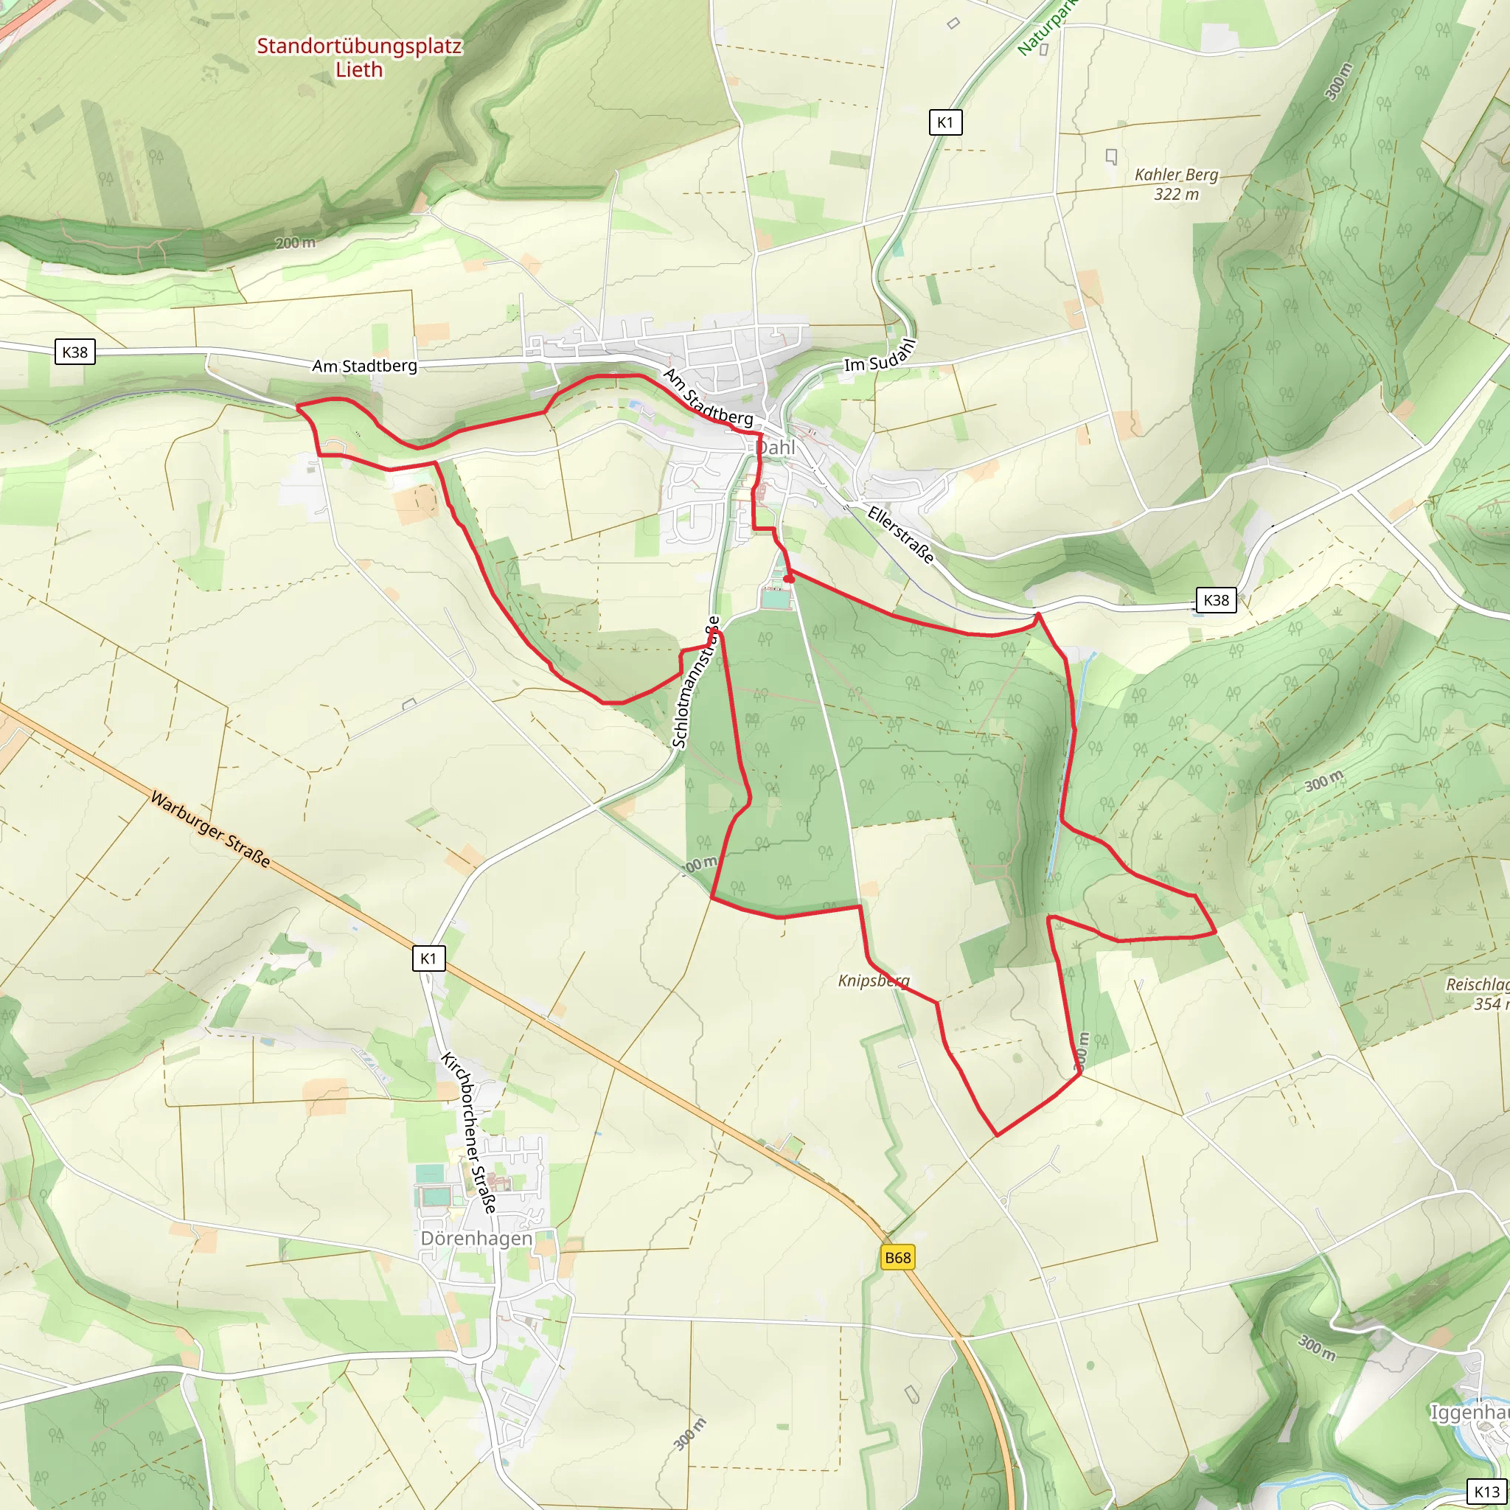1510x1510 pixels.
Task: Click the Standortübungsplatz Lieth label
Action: point(359,57)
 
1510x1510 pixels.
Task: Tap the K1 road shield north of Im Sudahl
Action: point(945,122)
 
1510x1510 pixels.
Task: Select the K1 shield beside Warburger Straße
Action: point(428,958)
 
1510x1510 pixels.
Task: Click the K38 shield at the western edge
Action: point(75,352)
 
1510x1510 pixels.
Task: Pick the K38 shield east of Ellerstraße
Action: point(1216,600)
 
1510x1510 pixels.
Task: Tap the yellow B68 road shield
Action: point(897,1258)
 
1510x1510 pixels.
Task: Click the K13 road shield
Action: point(1486,1492)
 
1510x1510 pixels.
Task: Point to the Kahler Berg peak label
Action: point(1176,184)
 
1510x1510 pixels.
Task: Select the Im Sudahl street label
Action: point(880,356)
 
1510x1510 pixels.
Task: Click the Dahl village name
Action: point(776,448)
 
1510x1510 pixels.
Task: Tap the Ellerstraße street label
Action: point(901,535)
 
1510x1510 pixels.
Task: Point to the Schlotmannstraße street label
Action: point(695,681)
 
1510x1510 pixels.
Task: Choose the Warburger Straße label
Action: point(210,829)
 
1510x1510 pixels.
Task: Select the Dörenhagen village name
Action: point(477,1239)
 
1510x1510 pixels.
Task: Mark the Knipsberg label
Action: point(874,981)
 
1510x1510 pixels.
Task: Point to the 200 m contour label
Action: point(296,243)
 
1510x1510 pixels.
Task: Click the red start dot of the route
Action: point(790,578)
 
